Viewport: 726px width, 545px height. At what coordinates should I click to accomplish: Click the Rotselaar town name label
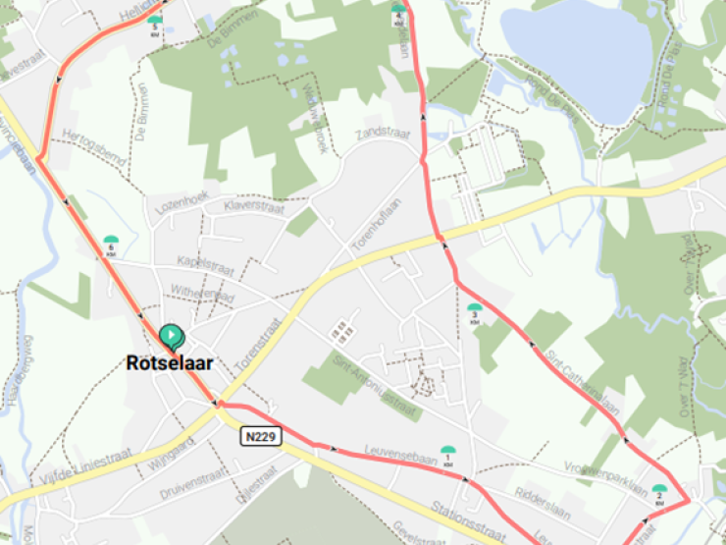coord(170,362)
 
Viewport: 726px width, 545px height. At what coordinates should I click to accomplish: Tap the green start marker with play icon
coord(171,338)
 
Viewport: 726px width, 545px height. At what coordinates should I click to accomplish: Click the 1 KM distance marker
coord(449,455)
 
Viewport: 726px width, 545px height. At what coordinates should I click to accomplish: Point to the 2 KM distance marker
coord(659,492)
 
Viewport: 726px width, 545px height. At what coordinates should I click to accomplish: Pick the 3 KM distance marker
coord(475,313)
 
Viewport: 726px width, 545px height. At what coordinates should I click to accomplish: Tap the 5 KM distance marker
coord(155,25)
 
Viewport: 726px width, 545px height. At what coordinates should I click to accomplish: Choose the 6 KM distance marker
coord(111,244)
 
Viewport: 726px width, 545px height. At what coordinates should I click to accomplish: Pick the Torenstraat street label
coord(258,344)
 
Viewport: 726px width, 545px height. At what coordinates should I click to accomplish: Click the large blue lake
coord(579,59)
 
